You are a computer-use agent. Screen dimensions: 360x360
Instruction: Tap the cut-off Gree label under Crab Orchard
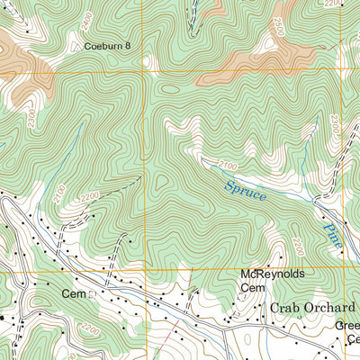pyautogui.click(x=350, y=328)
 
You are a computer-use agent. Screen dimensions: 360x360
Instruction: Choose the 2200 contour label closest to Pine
pyautogui.click(x=296, y=244)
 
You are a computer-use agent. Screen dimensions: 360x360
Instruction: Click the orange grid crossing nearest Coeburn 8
pyautogui.click(x=144, y=70)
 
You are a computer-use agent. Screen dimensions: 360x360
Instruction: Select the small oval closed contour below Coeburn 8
pyautogui.click(x=169, y=89)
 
